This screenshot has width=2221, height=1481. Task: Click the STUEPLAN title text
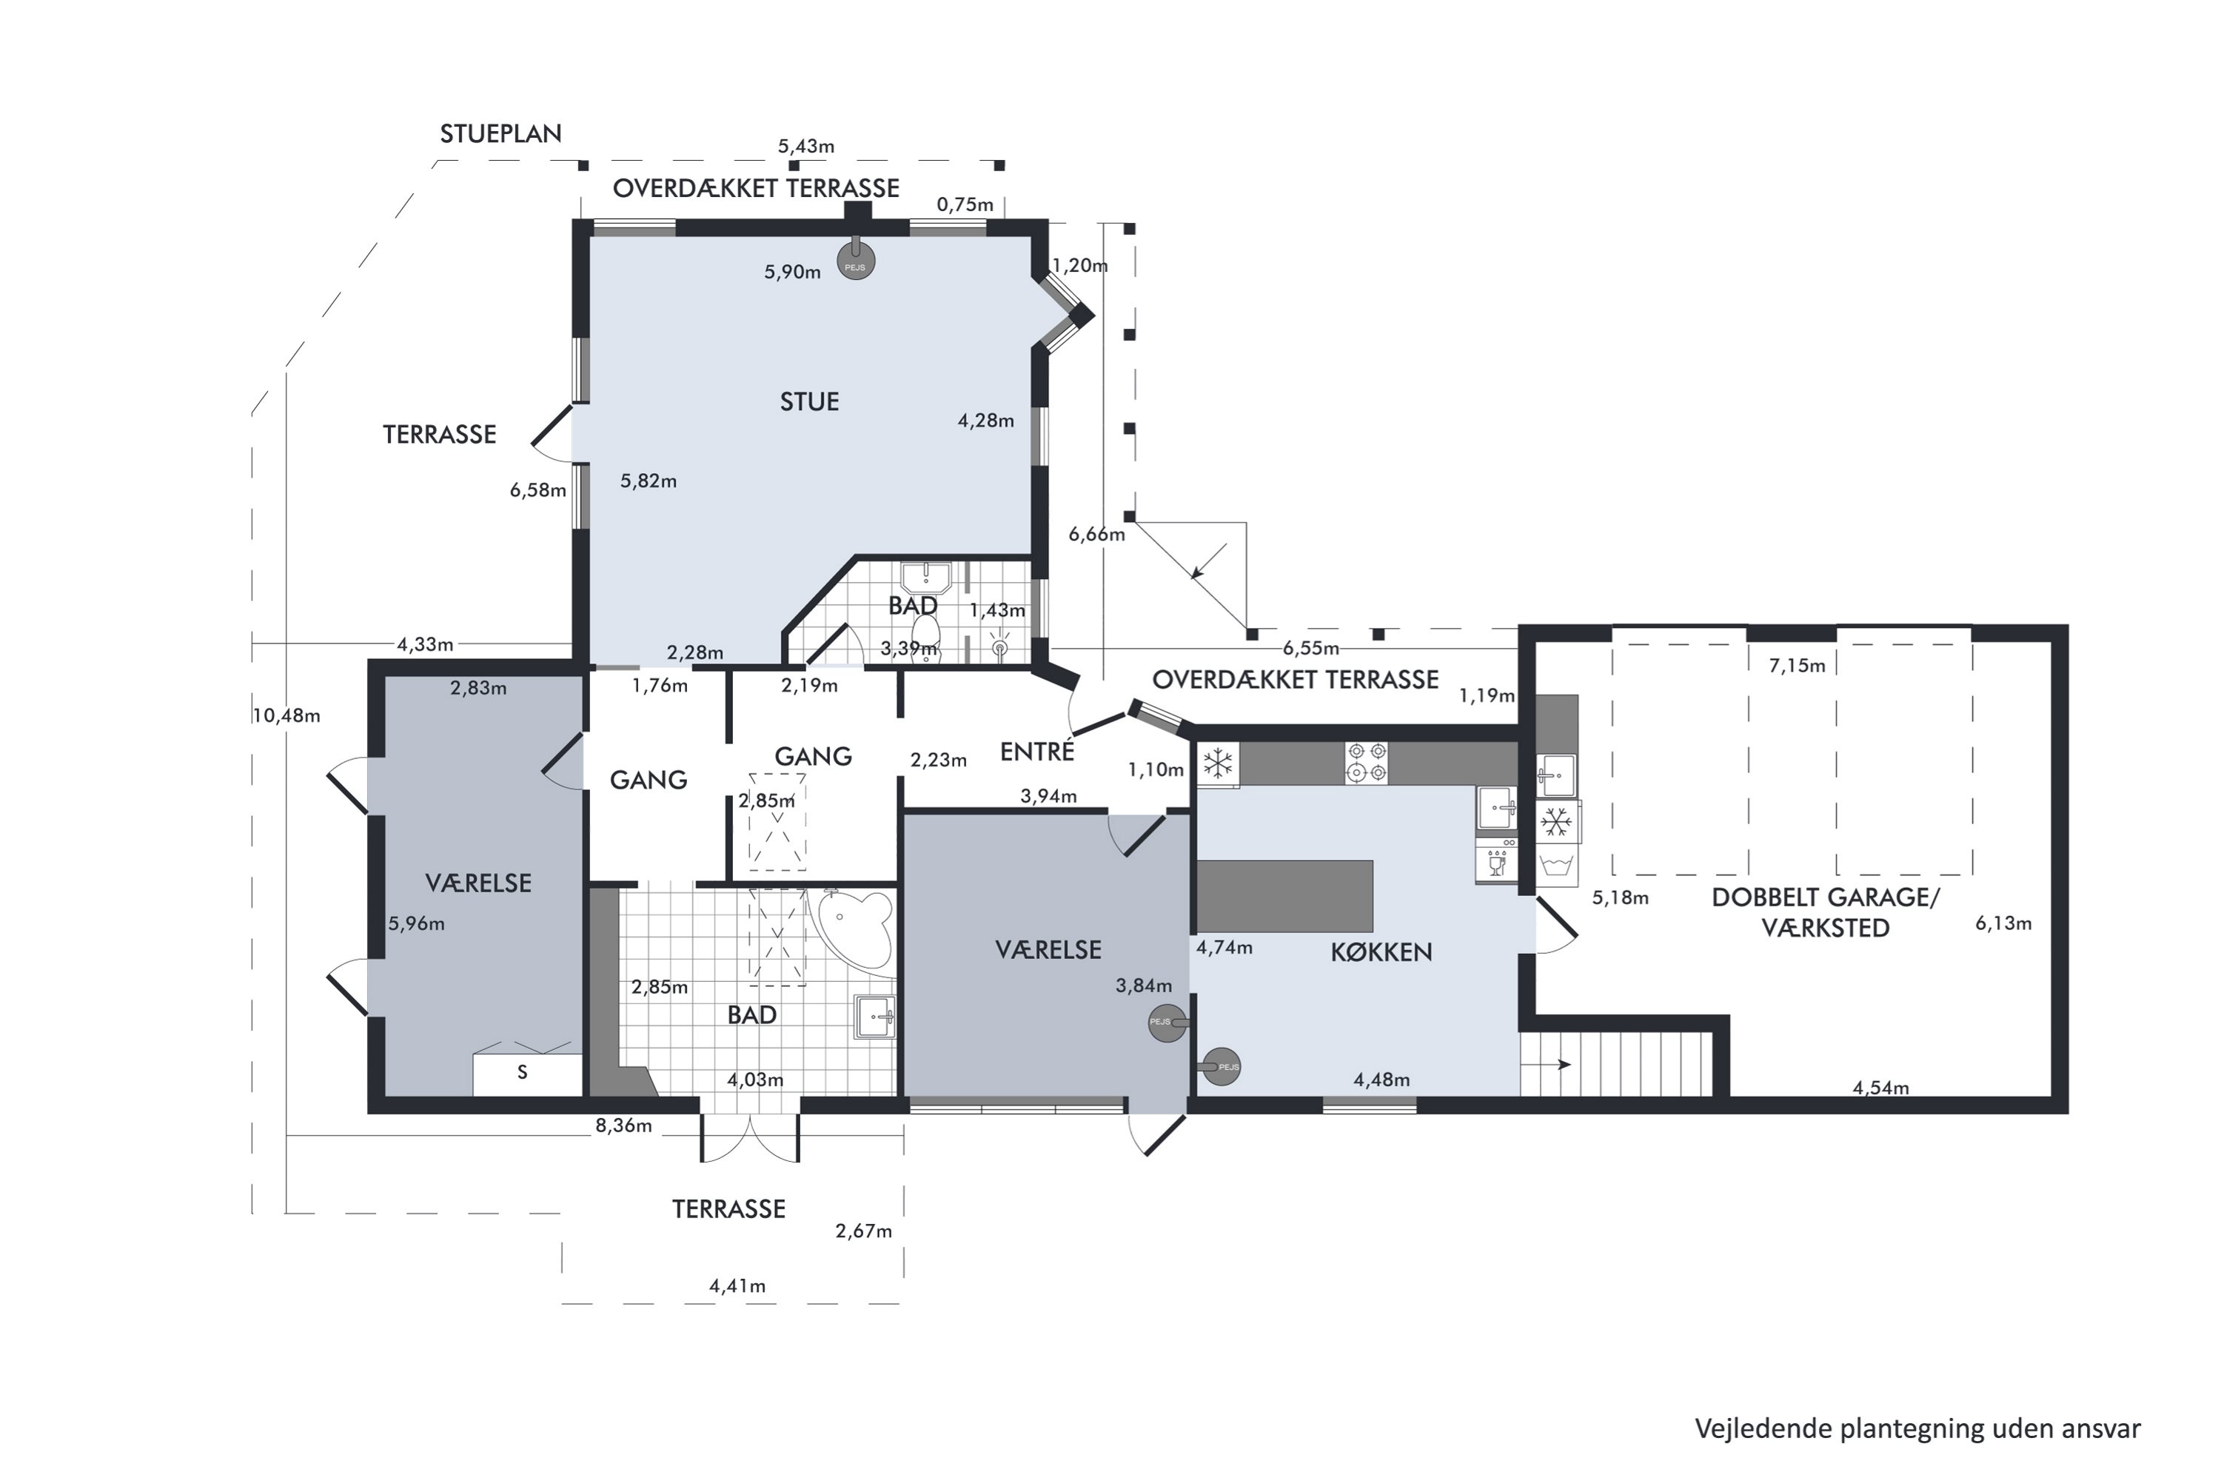[x=500, y=134]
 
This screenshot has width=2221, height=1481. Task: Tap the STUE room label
[x=809, y=402]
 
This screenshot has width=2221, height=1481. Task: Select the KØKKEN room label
[x=1381, y=952]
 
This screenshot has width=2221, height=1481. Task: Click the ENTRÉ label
[x=1037, y=751]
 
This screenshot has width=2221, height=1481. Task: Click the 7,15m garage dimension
[x=1797, y=666]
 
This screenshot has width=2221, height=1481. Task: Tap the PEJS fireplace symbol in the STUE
[x=856, y=261]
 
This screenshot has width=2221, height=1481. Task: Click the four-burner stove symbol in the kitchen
[x=1367, y=763]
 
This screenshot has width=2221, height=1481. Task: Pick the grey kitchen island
[x=1285, y=896]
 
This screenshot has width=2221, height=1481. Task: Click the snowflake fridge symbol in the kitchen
[x=1218, y=764]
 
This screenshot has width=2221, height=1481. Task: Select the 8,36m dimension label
[x=623, y=1126]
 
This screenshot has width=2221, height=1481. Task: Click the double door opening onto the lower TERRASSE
[x=750, y=1137]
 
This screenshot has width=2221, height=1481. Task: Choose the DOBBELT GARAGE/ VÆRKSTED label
[x=1826, y=912]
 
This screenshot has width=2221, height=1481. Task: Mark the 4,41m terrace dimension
[x=737, y=1286]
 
